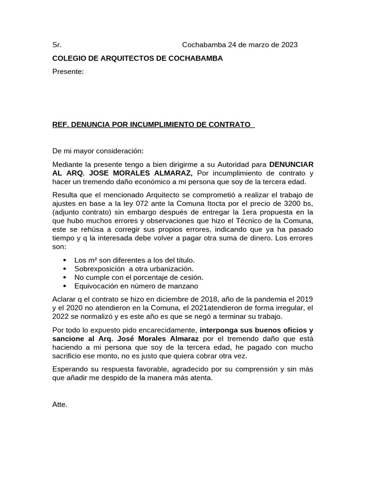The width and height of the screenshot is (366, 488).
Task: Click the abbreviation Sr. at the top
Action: (x=57, y=45)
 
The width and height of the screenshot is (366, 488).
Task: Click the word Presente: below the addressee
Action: (x=68, y=71)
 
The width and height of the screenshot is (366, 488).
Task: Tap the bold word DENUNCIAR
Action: (x=291, y=164)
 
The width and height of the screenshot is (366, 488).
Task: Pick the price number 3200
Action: (x=292, y=204)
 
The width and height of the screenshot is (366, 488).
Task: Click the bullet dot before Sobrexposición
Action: (x=64, y=269)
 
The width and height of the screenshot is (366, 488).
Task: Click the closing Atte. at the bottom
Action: (x=60, y=405)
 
